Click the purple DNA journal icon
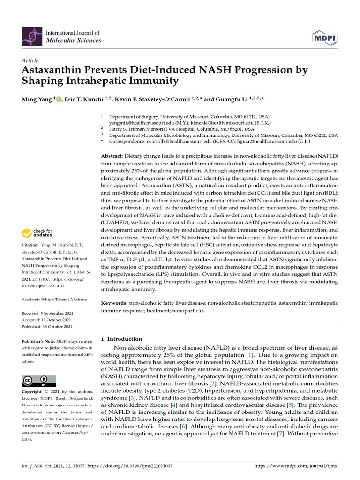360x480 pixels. point(32,37)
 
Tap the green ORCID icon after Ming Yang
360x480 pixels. point(59,99)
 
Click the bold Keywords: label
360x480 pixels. point(115,304)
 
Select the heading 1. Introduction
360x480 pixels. point(121,339)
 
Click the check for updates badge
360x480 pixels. point(37,233)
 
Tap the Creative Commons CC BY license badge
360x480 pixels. point(39,380)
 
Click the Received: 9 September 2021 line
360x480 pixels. point(47,313)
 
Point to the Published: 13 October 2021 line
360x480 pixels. point(47,326)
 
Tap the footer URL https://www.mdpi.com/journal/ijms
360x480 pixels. point(295,466)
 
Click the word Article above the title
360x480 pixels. point(30,60)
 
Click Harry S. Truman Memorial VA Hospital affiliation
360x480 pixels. point(182,128)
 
